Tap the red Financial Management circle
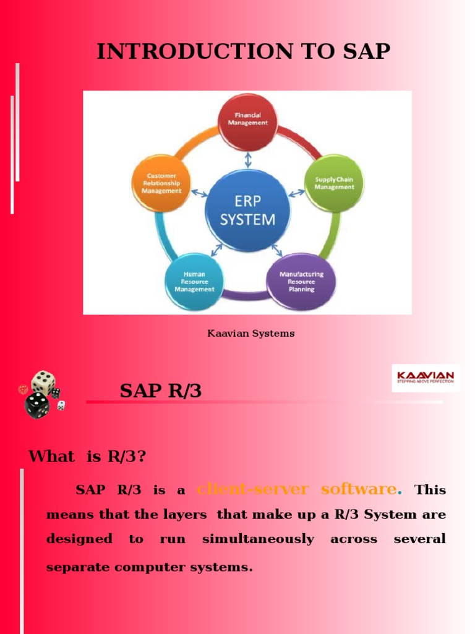248,119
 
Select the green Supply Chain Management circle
334,183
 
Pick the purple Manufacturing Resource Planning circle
301,282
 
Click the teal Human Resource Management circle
194,282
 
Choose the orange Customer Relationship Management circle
161,183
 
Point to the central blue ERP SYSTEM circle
247,211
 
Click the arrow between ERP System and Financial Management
248,160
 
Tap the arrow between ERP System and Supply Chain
296,193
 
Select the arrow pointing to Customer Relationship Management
199,193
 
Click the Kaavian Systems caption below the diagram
250,334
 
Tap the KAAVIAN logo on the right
426,378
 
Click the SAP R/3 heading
160,391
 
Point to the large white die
43,383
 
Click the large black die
37,406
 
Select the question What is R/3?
87,457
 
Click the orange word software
359,489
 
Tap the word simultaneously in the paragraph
258,539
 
